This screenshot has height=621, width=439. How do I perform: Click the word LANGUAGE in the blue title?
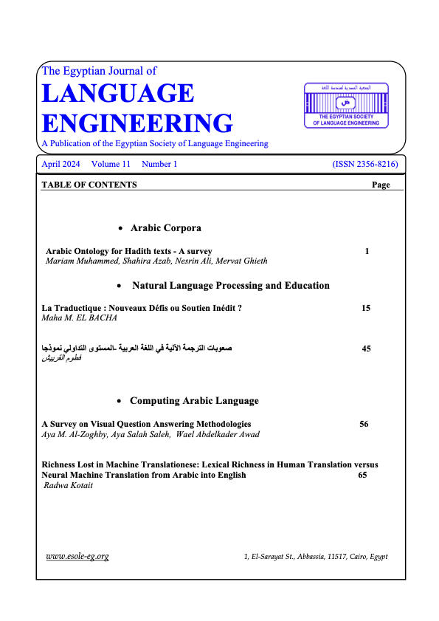[x=118, y=94]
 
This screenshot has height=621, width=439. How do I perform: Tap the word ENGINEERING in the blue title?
[x=137, y=123]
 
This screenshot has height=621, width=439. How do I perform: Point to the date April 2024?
[x=61, y=164]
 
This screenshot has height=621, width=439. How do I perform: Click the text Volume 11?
[x=111, y=164]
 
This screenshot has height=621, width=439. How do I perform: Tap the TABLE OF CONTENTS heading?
[x=89, y=185]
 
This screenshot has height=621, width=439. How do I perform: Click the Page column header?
[x=381, y=185]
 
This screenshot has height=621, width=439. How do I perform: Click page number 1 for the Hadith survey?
[x=367, y=251]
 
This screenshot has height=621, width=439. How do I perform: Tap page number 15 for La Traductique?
[x=366, y=307]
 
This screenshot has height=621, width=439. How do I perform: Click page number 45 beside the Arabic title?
[x=367, y=347]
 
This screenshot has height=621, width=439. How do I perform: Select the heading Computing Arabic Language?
[x=194, y=401]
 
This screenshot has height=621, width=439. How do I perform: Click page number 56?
[x=364, y=424]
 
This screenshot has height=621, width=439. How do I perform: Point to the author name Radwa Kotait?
[x=73, y=486]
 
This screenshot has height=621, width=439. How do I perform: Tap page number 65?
[x=362, y=476]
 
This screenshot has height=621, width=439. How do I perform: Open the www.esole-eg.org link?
[x=77, y=556]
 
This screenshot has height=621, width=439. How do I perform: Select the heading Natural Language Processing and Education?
[x=230, y=285]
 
